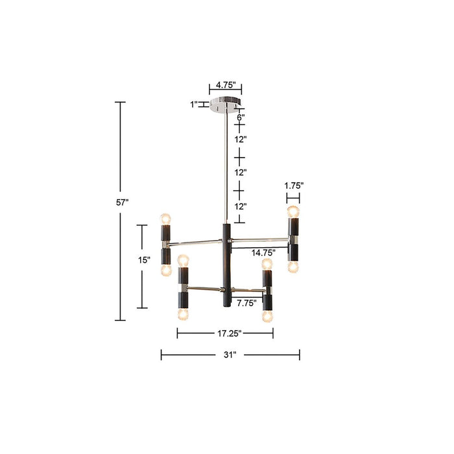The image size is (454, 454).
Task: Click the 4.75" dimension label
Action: [225, 85]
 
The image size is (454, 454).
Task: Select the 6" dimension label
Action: [240, 118]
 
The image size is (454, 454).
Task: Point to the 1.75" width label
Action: [294, 185]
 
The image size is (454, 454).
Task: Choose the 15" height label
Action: [144, 259]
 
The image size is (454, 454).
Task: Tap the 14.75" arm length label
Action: [265, 252]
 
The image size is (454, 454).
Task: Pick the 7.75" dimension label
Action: [246, 302]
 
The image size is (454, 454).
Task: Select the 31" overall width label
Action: [230, 355]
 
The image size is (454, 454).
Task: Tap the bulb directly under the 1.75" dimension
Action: [293, 211]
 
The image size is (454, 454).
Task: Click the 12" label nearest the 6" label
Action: [241, 139]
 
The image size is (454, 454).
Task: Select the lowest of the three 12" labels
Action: [241, 206]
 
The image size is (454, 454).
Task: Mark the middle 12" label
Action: [241, 173]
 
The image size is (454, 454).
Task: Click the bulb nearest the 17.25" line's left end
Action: [182, 314]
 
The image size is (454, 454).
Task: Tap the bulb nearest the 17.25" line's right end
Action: [266, 316]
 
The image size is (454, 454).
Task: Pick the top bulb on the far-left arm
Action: [165, 217]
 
